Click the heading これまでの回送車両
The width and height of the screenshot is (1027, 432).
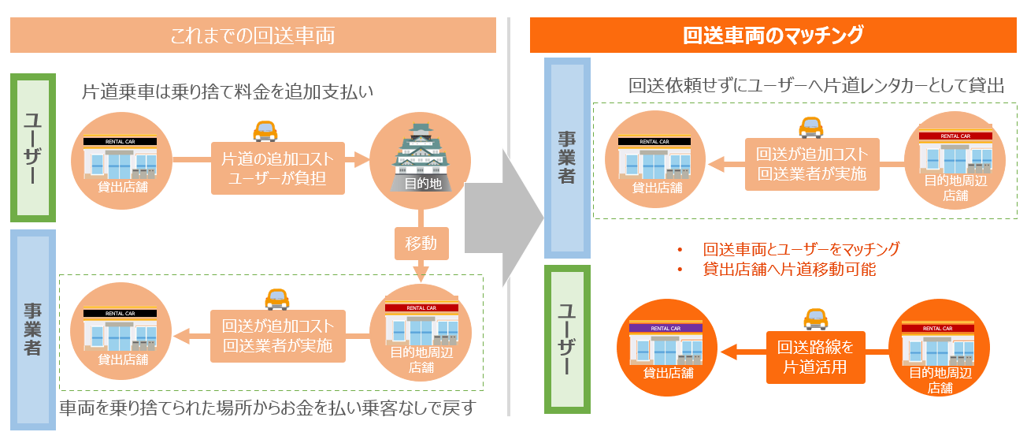(x=253, y=35)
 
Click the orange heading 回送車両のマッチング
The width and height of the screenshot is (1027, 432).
(x=773, y=35)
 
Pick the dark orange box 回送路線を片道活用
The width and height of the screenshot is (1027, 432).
(x=815, y=356)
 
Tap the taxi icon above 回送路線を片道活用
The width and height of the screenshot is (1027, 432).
(x=815, y=319)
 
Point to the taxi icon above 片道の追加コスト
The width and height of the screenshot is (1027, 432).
(x=265, y=130)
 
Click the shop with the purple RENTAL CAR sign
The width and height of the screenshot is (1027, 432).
(x=665, y=346)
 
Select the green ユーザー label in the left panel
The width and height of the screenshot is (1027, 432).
(x=32, y=147)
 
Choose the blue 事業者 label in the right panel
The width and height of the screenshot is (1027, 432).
(x=566, y=158)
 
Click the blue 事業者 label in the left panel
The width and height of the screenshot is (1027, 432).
(x=32, y=330)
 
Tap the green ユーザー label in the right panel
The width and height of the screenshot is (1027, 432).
(x=567, y=340)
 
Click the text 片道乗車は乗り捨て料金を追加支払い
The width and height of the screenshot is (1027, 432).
(x=227, y=92)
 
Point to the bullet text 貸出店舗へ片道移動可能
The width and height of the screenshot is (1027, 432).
(x=789, y=269)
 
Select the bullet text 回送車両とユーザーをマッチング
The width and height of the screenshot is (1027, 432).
(x=801, y=249)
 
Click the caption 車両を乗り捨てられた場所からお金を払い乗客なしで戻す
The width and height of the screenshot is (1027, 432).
(x=269, y=408)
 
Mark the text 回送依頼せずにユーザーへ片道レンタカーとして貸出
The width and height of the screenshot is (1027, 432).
(x=817, y=86)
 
